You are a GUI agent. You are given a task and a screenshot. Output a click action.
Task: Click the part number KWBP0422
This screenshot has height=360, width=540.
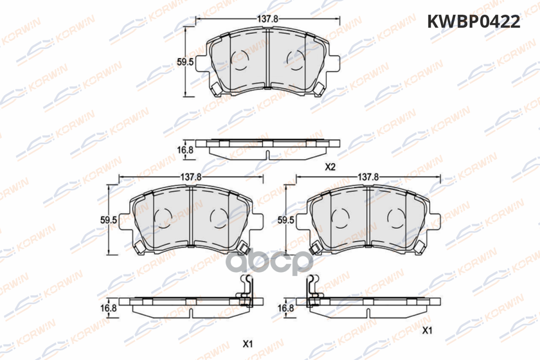[474, 22]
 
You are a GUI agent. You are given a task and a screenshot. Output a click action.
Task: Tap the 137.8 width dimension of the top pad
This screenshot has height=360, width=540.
[268, 19]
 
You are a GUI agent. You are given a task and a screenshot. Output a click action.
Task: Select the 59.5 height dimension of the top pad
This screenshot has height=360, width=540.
[185, 62]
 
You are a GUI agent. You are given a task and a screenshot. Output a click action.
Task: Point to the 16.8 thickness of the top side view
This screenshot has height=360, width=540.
[185, 150]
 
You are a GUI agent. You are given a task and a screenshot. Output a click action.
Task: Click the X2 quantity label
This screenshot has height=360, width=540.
[330, 167]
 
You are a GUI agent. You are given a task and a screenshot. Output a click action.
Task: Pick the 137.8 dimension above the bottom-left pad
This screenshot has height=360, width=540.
[191, 177]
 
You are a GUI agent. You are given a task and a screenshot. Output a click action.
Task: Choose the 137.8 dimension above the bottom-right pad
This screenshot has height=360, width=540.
[369, 177]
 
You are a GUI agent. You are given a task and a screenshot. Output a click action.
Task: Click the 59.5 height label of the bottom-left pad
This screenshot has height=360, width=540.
[108, 220]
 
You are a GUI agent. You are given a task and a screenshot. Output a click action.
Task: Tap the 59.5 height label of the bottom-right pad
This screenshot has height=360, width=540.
[286, 220]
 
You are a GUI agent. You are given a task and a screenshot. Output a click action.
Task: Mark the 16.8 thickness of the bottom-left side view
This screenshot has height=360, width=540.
[108, 308]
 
